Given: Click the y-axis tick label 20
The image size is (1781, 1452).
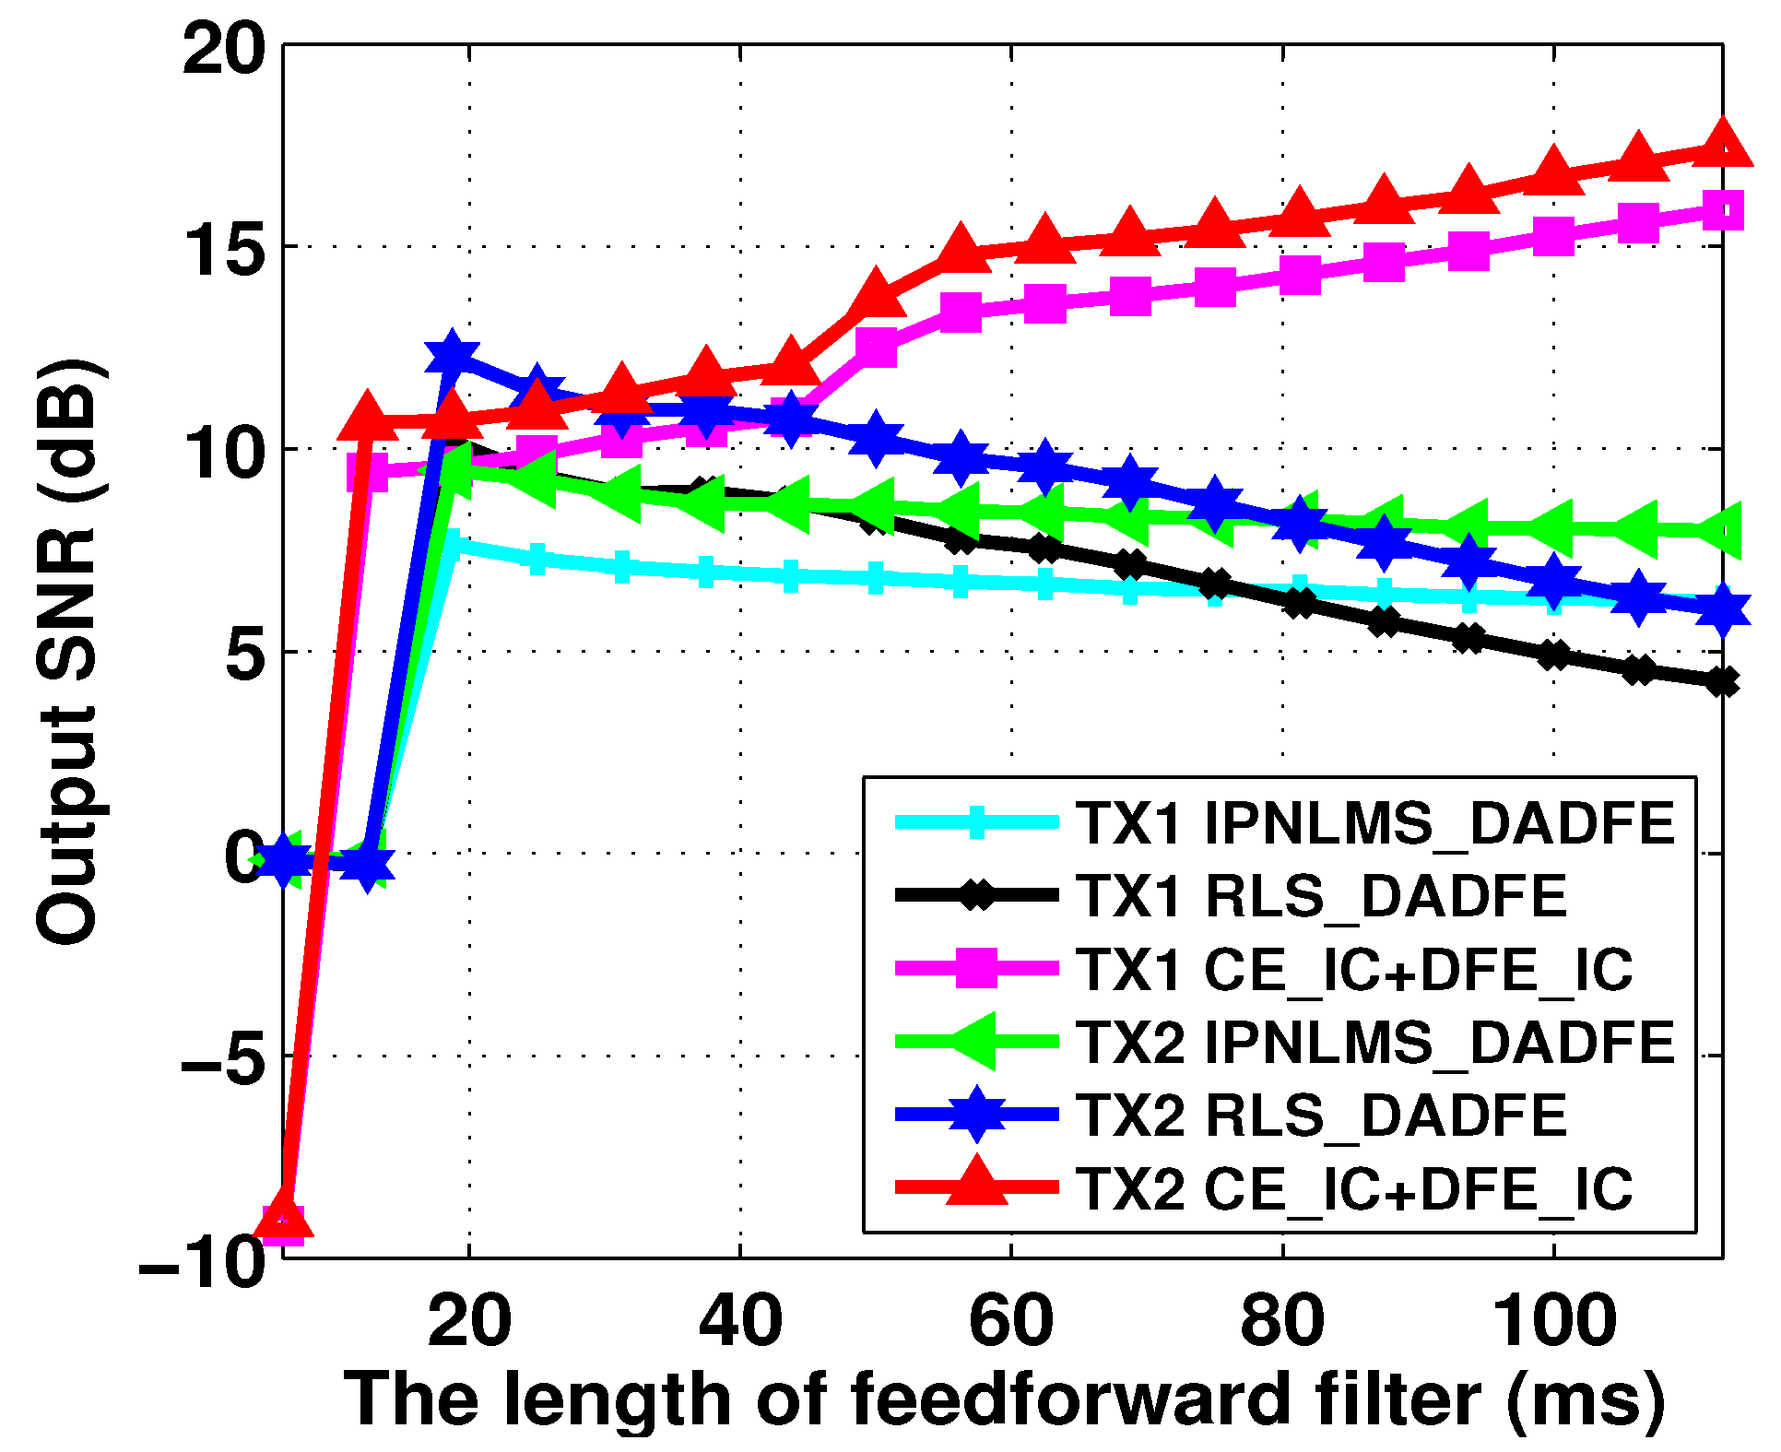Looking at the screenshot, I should (x=224, y=48).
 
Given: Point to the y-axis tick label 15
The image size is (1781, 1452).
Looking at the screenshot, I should (x=224, y=249).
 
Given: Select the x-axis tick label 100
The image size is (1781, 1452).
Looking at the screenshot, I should (x=1554, y=1320).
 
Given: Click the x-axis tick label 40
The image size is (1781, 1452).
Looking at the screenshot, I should (x=740, y=1320).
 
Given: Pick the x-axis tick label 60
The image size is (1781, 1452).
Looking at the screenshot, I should (x=1011, y=1320).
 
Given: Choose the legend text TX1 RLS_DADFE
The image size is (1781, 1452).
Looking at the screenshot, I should (x=1322, y=895).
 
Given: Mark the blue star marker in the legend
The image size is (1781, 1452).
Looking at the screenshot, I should (x=977, y=1114).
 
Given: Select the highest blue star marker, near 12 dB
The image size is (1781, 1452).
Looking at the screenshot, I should (x=453, y=354).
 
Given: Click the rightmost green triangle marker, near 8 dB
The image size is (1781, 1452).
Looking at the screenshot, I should (x=1720, y=530).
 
